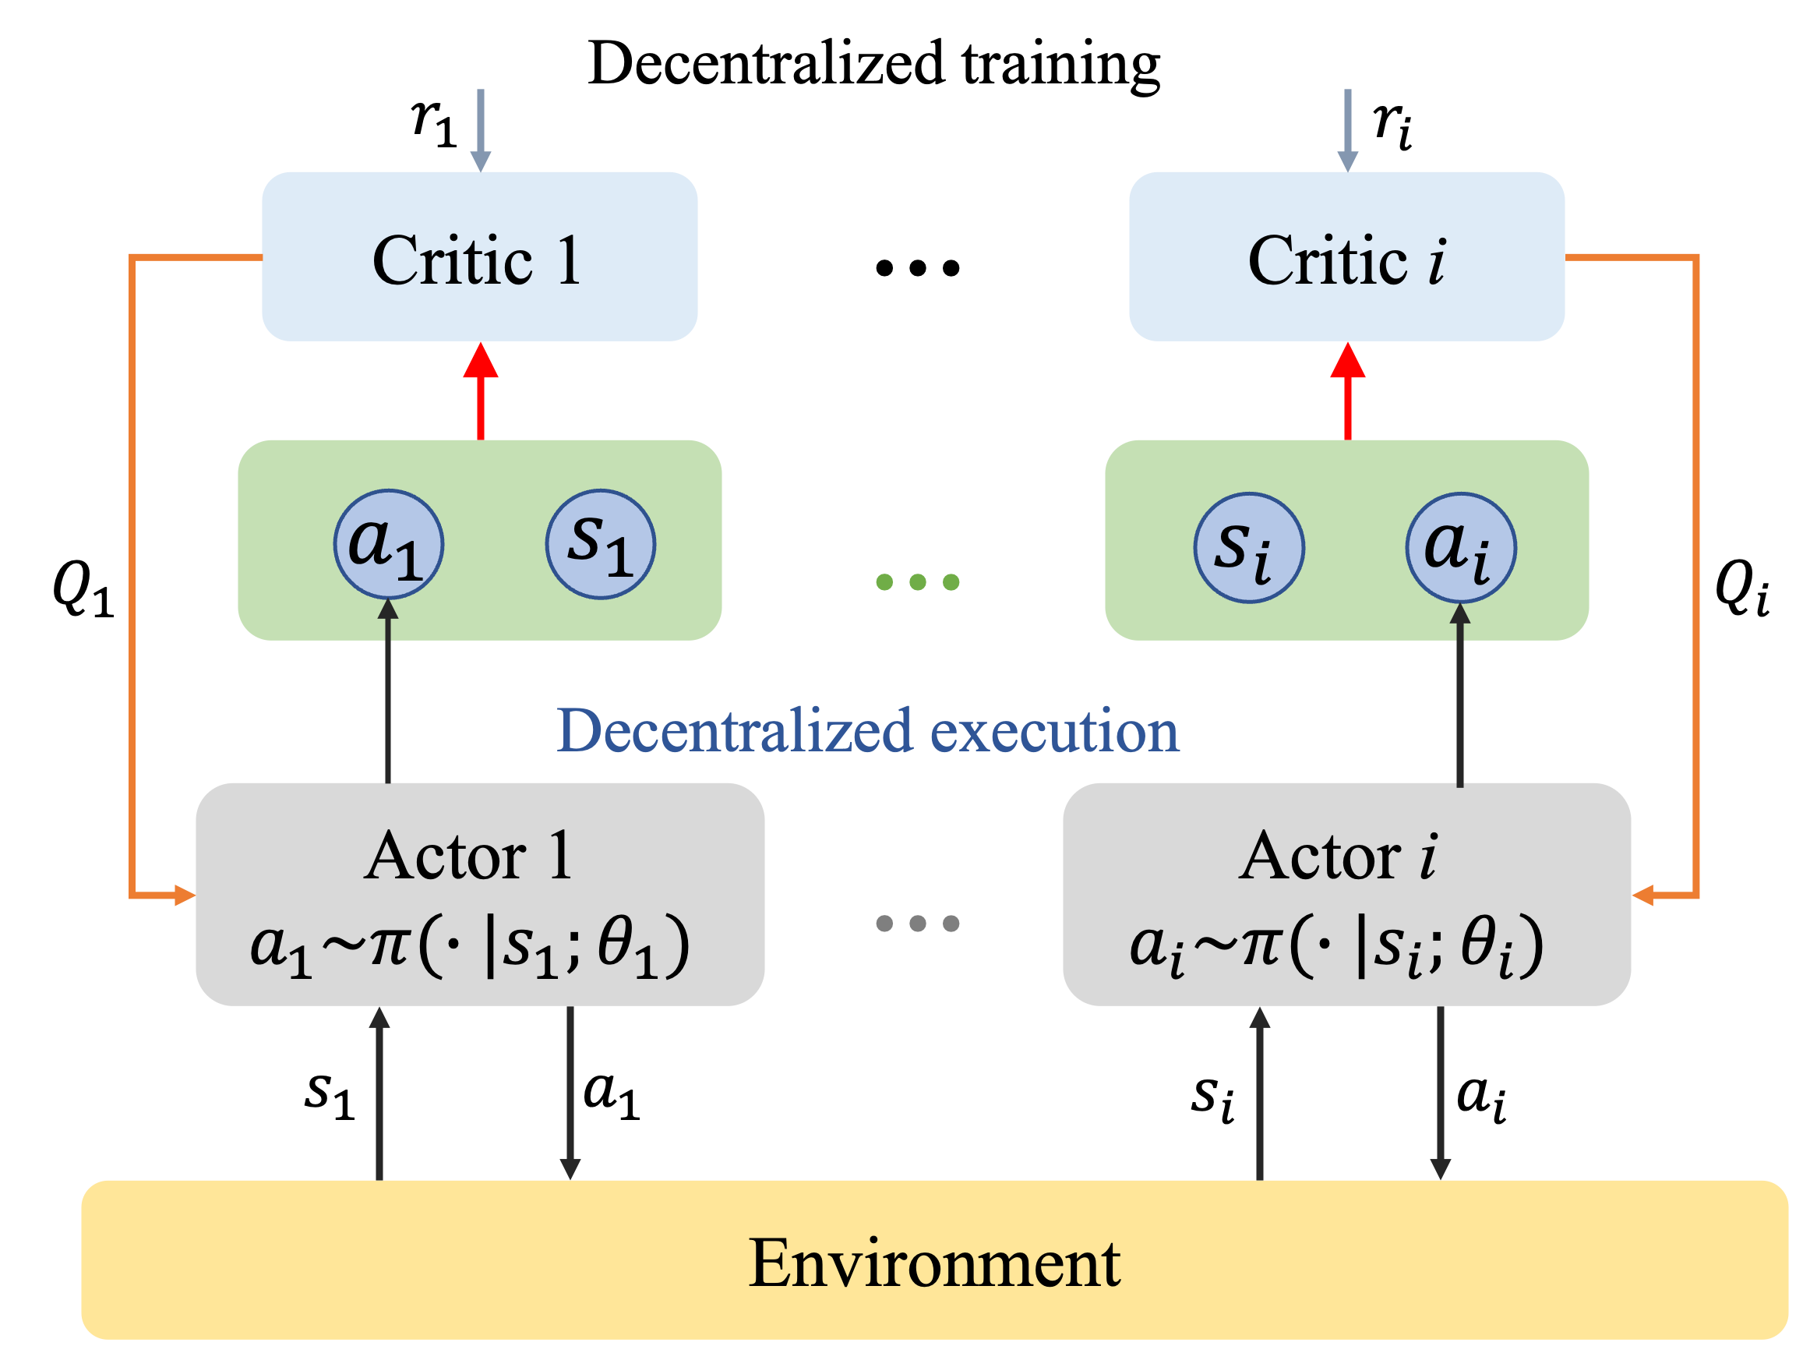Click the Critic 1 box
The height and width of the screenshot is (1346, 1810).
[x=479, y=256]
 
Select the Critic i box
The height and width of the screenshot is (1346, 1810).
[x=1346, y=256]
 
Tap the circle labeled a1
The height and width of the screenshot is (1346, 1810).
[x=389, y=543]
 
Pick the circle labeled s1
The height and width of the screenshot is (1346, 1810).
[x=600, y=543]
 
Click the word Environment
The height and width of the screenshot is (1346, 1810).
[x=933, y=1263]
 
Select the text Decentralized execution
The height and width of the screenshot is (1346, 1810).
[x=867, y=730]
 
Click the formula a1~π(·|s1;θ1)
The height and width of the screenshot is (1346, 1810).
[x=470, y=946]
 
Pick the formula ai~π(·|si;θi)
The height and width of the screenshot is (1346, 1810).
[x=1337, y=946]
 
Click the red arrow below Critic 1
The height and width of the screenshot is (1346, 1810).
[x=481, y=391]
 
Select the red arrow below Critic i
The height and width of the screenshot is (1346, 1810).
[x=1347, y=391]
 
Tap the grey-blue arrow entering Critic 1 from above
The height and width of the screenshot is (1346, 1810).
[x=481, y=130]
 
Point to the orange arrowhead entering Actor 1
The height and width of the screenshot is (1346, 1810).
[x=184, y=896]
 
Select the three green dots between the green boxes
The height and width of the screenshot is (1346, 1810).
[x=917, y=581]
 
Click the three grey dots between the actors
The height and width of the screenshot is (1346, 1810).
[x=917, y=923]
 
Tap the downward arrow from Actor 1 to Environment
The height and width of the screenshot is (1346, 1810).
[x=570, y=1092]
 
